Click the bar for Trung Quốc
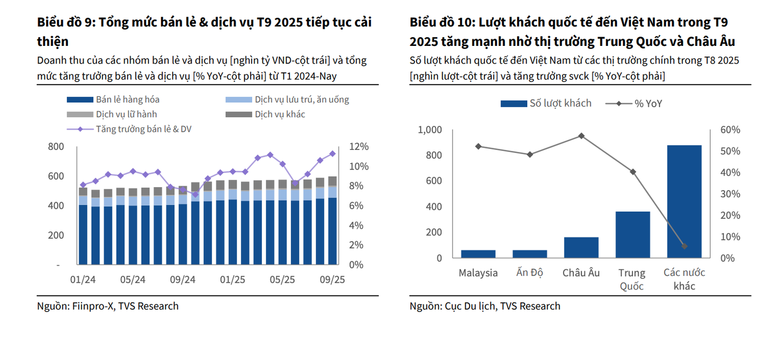point(632,234)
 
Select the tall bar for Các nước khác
point(684,201)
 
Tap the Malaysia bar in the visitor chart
point(478,254)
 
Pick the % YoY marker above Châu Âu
point(581,136)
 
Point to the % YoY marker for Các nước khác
point(684,246)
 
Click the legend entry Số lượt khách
point(546,104)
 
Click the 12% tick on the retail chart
point(359,147)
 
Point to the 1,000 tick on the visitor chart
point(430,130)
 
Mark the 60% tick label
point(730,130)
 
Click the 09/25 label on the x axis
point(332,279)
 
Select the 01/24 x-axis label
point(83,279)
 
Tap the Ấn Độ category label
point(530,273)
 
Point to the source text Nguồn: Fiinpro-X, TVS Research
point(108,306)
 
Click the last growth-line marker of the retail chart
point(332,153)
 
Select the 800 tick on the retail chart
point(56,147)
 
